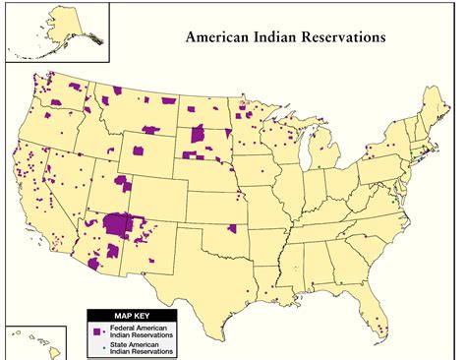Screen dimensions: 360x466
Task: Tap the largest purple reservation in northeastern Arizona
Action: tap(120, 224)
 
